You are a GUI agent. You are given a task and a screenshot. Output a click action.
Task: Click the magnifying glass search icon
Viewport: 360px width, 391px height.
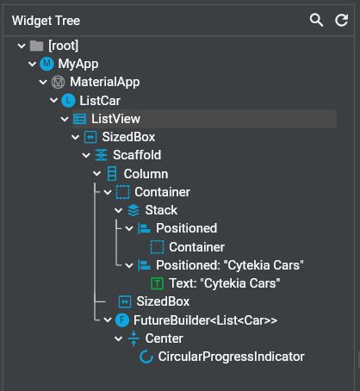[317, 19]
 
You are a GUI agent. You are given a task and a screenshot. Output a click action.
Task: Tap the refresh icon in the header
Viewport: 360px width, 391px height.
[341, 19]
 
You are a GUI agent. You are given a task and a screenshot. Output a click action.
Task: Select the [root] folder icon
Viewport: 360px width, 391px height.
[35, 46]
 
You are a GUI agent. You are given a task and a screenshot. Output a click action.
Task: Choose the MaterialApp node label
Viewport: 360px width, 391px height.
[104, 83]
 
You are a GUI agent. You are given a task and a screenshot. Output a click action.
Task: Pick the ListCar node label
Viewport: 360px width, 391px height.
[99, 101]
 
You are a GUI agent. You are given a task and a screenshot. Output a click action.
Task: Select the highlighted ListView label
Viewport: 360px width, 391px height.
[115, 119]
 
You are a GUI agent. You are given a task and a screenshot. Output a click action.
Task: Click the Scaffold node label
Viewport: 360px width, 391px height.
[137, 155]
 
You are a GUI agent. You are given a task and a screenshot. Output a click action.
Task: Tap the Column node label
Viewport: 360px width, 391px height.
[146, 174]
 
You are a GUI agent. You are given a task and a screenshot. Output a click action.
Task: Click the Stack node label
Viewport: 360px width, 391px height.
[161, 210]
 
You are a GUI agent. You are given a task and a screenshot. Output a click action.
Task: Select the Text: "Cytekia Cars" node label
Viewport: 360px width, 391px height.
[225, 282]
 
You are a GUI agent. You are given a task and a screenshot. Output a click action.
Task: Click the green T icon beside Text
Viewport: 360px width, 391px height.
[157, 282]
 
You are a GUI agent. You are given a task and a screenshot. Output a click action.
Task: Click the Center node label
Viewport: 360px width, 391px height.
[164, 338]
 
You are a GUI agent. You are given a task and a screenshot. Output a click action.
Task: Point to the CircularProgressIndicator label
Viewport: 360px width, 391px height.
[231, 356]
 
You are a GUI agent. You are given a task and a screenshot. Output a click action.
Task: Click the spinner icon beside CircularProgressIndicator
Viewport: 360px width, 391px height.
[146, 356]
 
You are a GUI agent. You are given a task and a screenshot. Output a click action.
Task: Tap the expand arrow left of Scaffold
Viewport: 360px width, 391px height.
[85, 155]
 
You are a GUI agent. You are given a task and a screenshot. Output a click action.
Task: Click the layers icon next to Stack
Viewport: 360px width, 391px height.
[133, 210]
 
